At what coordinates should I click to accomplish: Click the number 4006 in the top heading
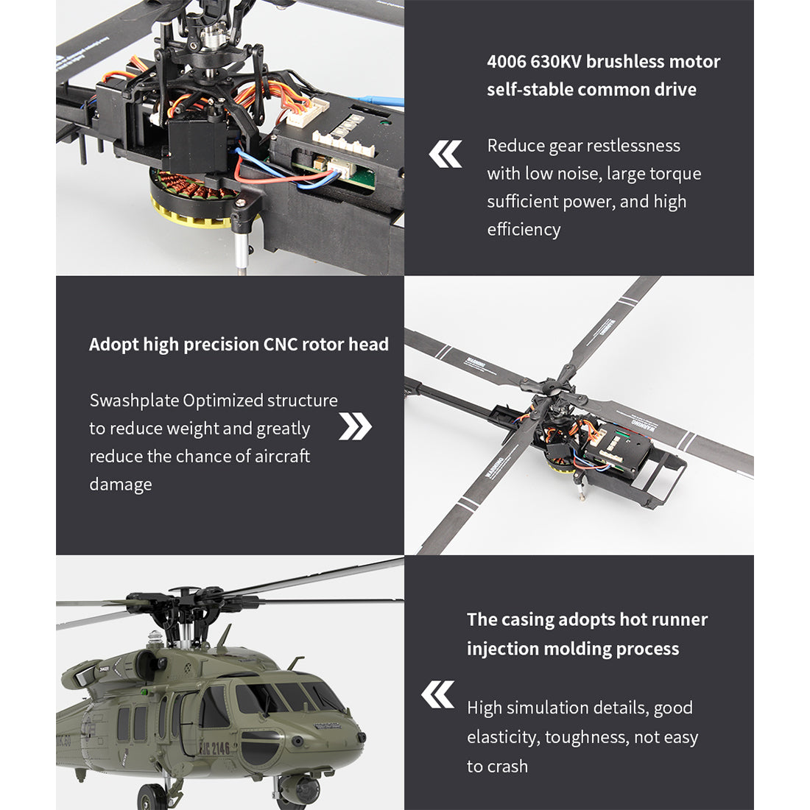(x=506, y=62)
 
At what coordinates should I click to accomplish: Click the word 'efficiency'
(x=524, y=230)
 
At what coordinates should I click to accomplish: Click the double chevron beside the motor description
(x=445, y=154)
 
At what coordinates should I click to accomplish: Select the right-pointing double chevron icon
(x=356, y=426)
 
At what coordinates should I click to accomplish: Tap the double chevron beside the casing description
(x=438, y=694)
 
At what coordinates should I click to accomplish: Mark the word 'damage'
(x=121, y=485)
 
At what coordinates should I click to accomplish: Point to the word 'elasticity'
(x=504, y=737)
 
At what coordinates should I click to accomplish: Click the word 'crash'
(x=507, y=767)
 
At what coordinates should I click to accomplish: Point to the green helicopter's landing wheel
(x=152, y=797)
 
